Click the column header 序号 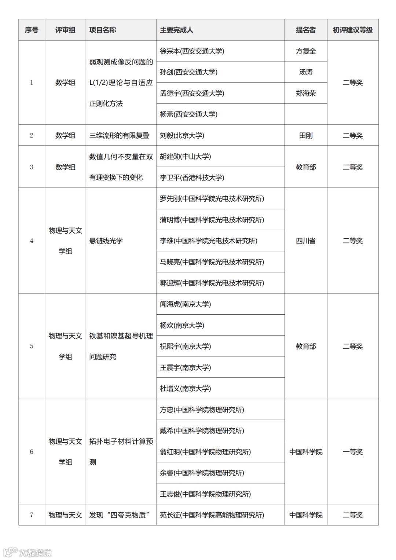(32, 30)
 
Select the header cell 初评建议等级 (352, 30)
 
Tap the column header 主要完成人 (176, 30)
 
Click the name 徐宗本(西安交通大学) (192, 51)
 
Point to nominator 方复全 (306, 51)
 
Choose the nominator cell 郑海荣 (306, 94)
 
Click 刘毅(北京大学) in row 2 (182, 136)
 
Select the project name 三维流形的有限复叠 (119, 136)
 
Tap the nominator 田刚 (306, 136)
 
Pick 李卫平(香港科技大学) (192, 178)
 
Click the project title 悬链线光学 (106, 241)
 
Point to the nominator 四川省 (306, 241)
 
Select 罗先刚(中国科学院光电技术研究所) (212, 199)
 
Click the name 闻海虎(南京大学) (185, 304)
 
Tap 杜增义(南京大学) (185, 389)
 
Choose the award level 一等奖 (352, 452)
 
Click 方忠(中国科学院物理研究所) (202, 410)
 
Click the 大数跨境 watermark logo (27, 552)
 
